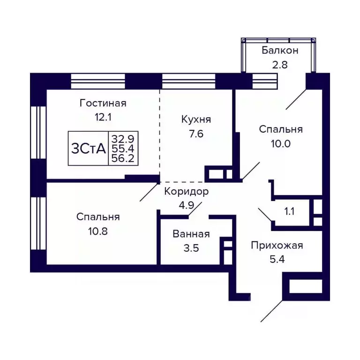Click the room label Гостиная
[103, 103]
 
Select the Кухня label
[196, 120]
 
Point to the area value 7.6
[196, 134]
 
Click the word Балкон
[280, 50]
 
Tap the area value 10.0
[281, 143]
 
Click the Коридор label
[186, 191]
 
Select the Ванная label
[191, 234]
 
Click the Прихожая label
[277, 245]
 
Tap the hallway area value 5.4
[277, 259]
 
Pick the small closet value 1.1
[289, 211]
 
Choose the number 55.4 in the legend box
[122, 148]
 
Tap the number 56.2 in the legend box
[122, 158]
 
